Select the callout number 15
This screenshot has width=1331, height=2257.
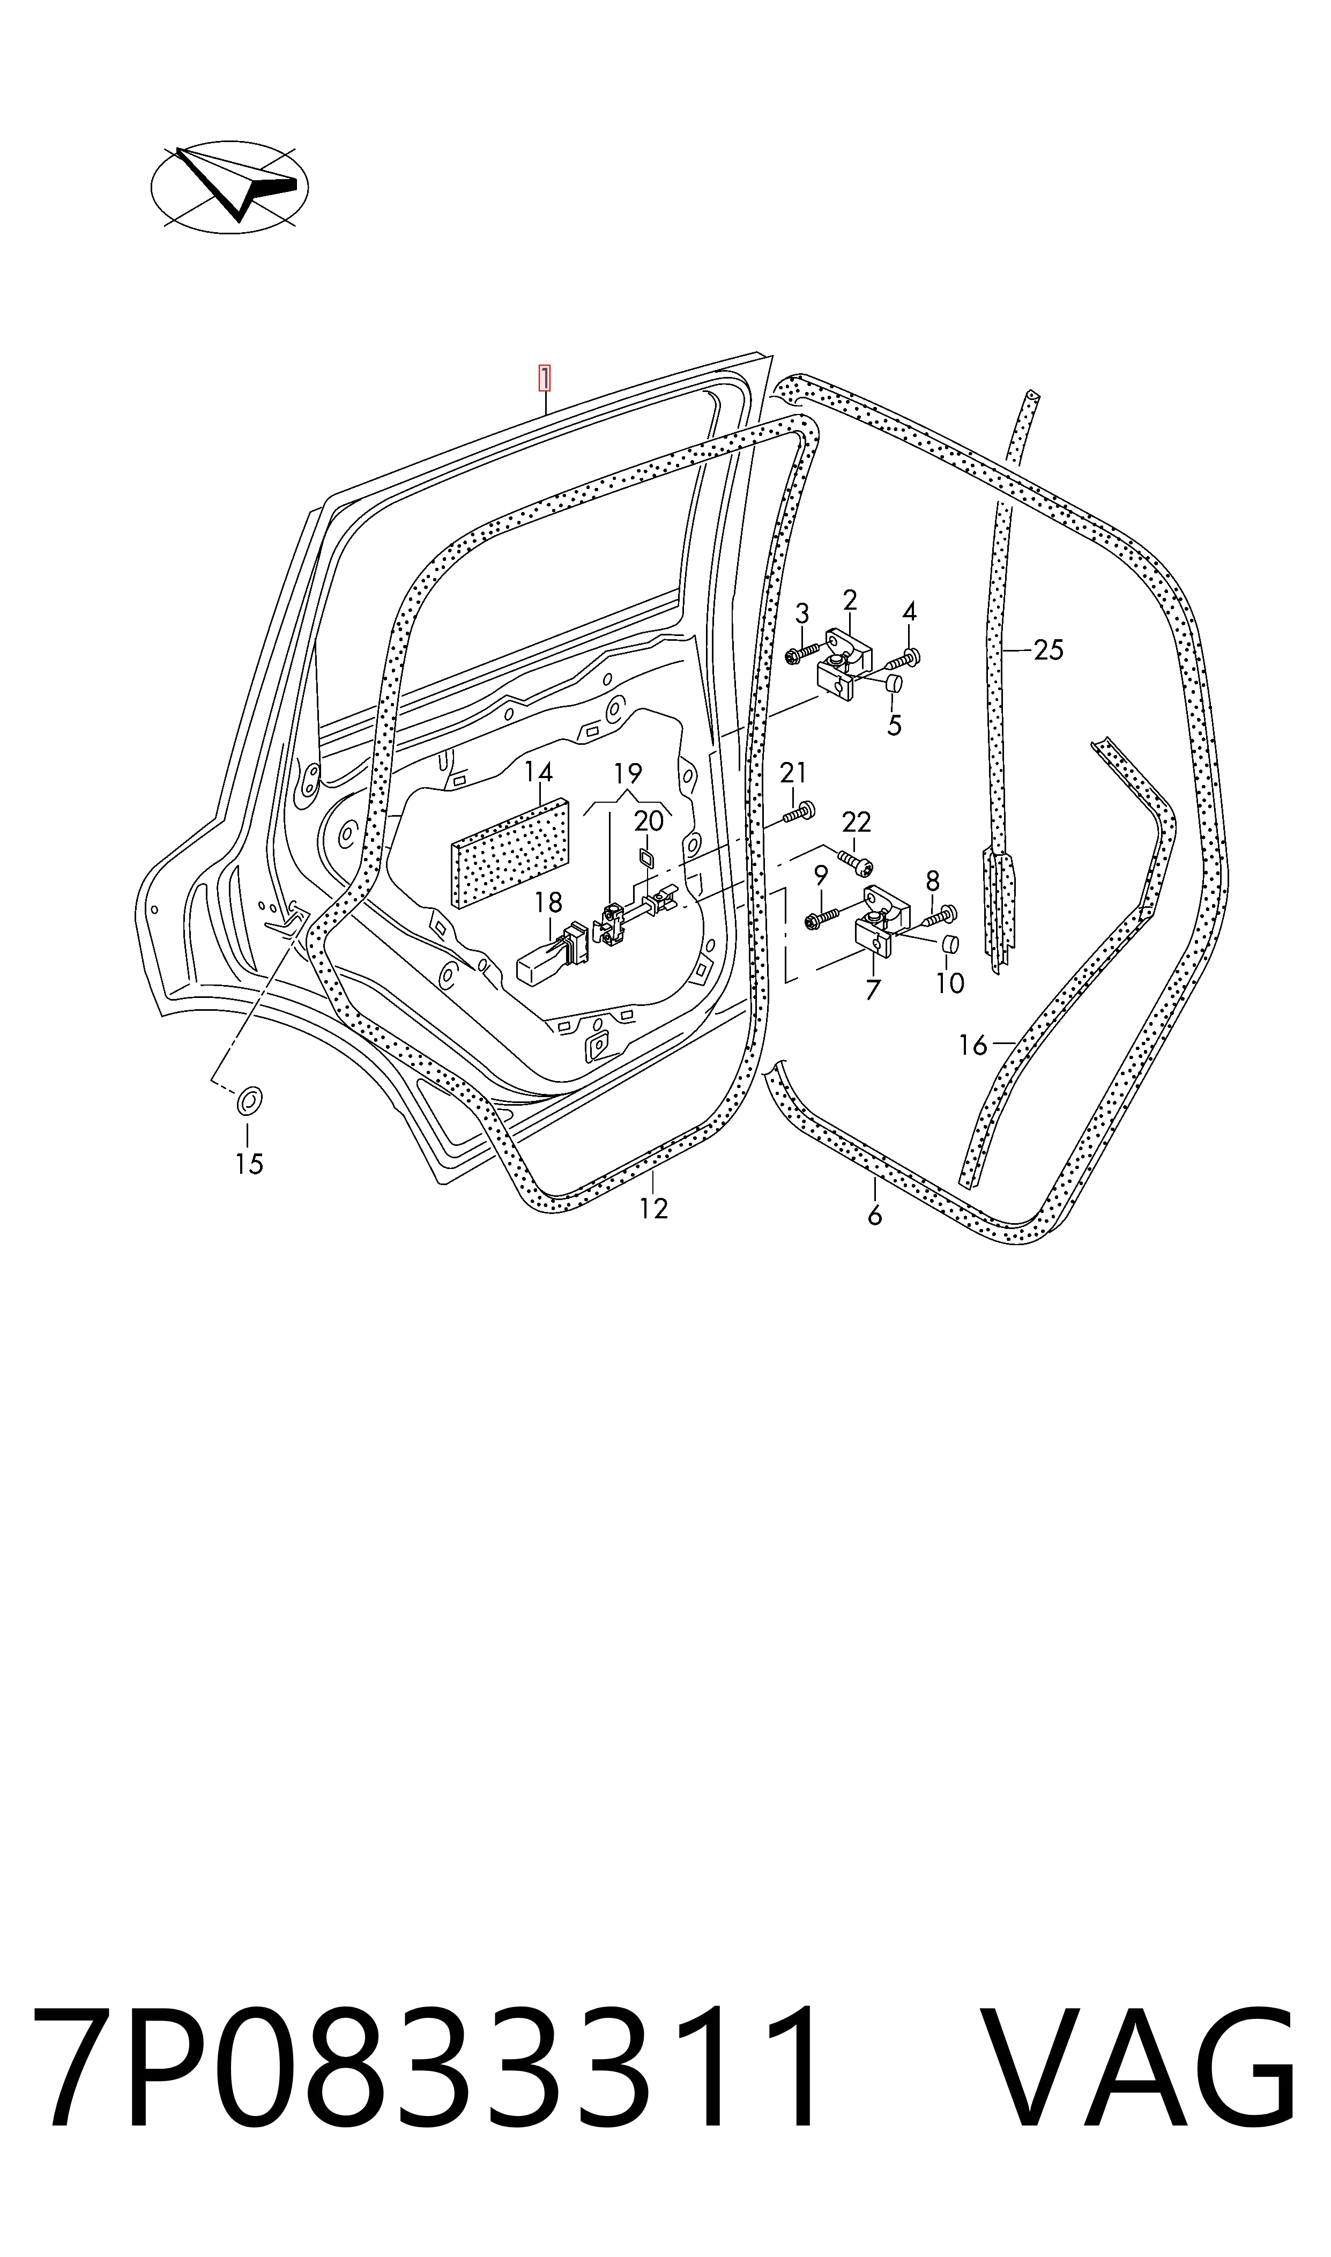click(x=249, y=1164)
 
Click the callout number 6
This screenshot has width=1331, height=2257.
click(x=874, y=1216)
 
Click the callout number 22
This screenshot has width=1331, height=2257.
click(x=857, y=822)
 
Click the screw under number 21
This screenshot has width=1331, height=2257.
click(x=797, y=813)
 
